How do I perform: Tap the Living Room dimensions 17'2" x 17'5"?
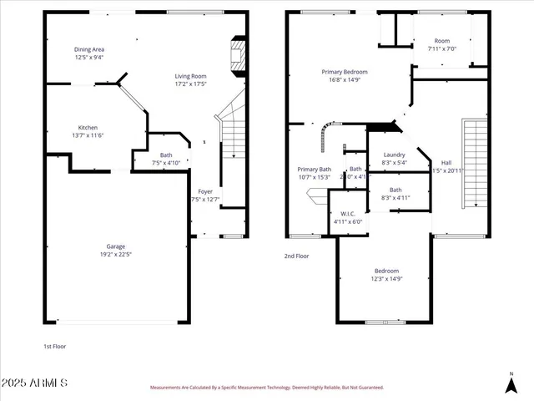click(x=191, y=84)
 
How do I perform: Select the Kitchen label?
click(x=88, y=127)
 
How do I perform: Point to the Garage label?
click(x=115, y=246)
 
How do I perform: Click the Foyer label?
click(x=205, y=191)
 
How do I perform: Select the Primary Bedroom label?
click(x=345, y=72)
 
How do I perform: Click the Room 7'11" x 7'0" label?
click(x=442, y=41)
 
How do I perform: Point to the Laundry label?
click(x=394, y=155)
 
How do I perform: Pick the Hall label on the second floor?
click(x=446, y=163)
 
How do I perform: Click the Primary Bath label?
click(x=315, y=170)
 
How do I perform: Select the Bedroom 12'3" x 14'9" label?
click(x=386, y=271)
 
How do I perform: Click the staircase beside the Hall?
click(x=474, y=163)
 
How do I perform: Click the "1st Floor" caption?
click(x=54, y=345)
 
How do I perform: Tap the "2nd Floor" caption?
click(x=297, y=256)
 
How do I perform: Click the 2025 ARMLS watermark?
click(x=35, y=383)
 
